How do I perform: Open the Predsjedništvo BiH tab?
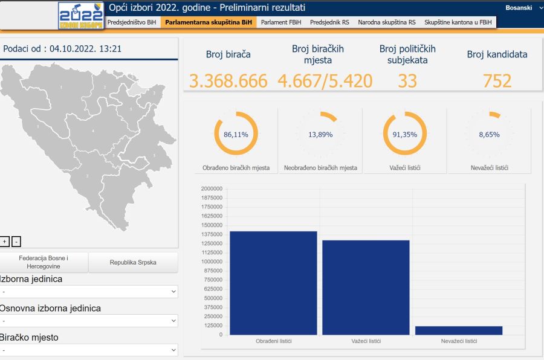(132, 22)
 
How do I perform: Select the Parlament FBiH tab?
(282, 22)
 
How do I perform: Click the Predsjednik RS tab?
(329, 22)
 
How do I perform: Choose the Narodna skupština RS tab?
(387, 22)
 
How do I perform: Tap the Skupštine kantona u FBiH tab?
(458, 22)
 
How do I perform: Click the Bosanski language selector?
(519, 8)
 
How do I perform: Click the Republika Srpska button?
(133, 263)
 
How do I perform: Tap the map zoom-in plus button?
(5, 242)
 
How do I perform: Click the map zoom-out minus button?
(16, 242)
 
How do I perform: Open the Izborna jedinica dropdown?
(89, 292)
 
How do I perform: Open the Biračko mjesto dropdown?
(89, 350)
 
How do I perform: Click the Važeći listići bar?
(366, 288)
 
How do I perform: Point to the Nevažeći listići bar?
(458, 330)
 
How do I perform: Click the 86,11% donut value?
(236, 135)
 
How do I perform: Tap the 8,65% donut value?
(489, 135)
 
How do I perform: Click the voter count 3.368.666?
(228, 81)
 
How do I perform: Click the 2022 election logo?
(80, 16)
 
